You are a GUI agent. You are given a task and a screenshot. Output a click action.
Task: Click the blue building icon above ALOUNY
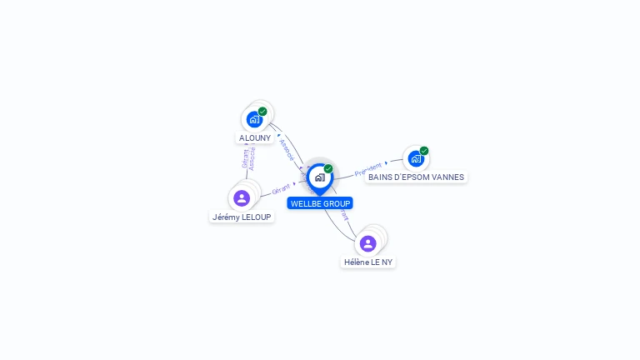(x=254, y=119)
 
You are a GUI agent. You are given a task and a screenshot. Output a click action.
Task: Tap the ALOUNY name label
(x=255, y=138)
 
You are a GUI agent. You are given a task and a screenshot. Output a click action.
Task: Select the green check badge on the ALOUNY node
(x=262, y=111)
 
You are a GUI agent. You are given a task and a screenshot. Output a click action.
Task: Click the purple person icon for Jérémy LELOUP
(x=242, y=197)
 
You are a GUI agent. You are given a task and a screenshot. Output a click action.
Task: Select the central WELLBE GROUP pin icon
(x=319, y=177)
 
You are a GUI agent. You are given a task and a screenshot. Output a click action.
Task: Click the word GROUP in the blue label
(x=337, y=203)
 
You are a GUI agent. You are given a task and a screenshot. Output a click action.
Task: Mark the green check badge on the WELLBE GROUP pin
(x=328, y=168)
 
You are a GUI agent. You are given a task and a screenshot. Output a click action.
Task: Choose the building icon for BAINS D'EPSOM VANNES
(x=416, y=158)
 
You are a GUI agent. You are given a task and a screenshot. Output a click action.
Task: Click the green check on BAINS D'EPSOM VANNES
(x=424, y=151)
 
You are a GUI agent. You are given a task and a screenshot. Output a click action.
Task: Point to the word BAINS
(x=379, y=177)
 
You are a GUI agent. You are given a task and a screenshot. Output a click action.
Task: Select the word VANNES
(x=447, y=177)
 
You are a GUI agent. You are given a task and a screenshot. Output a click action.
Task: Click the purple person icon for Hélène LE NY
(x=367, y=243)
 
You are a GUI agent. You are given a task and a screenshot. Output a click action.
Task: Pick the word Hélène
(x=357, y=262)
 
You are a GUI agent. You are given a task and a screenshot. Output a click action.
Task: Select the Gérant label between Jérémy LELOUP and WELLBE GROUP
(x=281, y=190)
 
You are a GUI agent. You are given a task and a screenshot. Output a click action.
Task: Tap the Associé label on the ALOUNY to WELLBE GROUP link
(x=287, y=148)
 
